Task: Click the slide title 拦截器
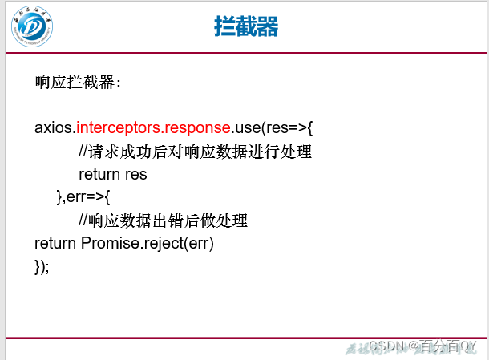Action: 246,26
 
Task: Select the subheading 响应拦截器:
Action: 79,82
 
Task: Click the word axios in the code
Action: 53,127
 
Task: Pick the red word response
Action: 197,127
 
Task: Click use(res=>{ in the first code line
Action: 273,127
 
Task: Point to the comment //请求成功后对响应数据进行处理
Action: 195,152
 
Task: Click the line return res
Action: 113,174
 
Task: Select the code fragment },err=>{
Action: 83,197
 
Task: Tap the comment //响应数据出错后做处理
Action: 163,220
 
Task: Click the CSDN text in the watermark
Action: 386,346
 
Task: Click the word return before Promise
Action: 55,243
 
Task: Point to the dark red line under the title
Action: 244,53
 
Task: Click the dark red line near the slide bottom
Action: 244,337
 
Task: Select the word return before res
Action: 99,174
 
